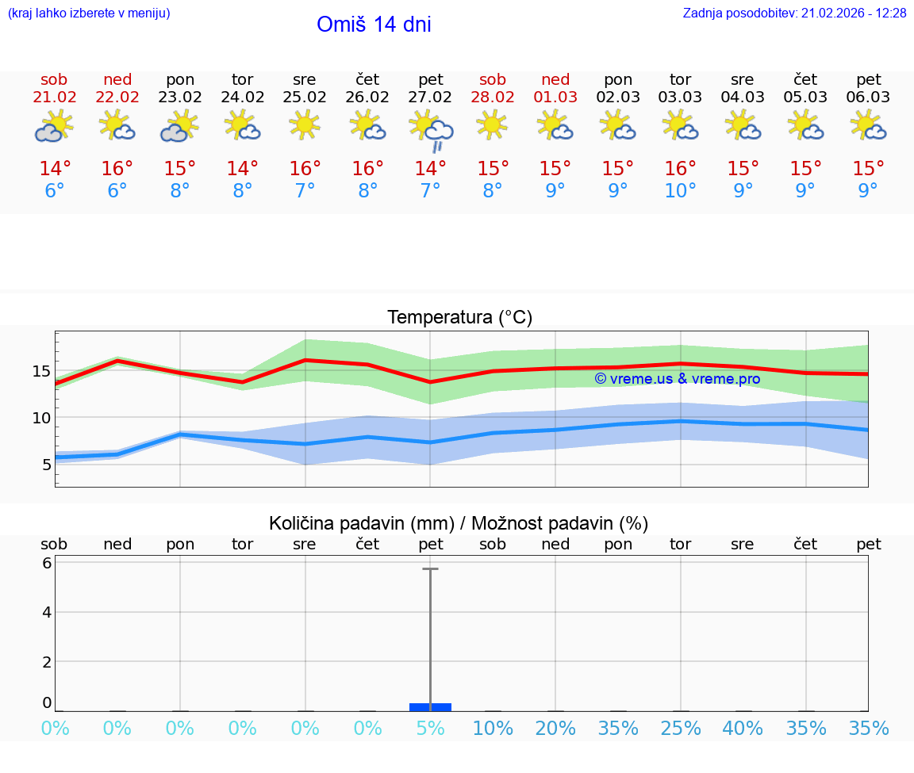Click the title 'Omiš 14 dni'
[374, 25]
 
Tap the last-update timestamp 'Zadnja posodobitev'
[794, 13]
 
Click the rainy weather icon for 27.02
[431, 131]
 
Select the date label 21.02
[55, 98]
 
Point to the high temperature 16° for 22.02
[117, 169]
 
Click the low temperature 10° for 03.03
[681, 191]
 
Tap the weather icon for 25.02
[305, 125]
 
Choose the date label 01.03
[555, 98]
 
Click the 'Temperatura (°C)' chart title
[459, 318]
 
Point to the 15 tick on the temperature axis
[41, 371]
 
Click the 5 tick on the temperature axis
[46, 464]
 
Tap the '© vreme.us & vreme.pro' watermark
[678, 379]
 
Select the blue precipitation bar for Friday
[431, 706]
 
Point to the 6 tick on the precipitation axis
[47, 563]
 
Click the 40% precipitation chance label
[743, 729]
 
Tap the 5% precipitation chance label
[431, 729]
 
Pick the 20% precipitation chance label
[555, 729]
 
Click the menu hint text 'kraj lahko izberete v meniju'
[89, 13]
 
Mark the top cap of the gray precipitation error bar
[431, 569]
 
